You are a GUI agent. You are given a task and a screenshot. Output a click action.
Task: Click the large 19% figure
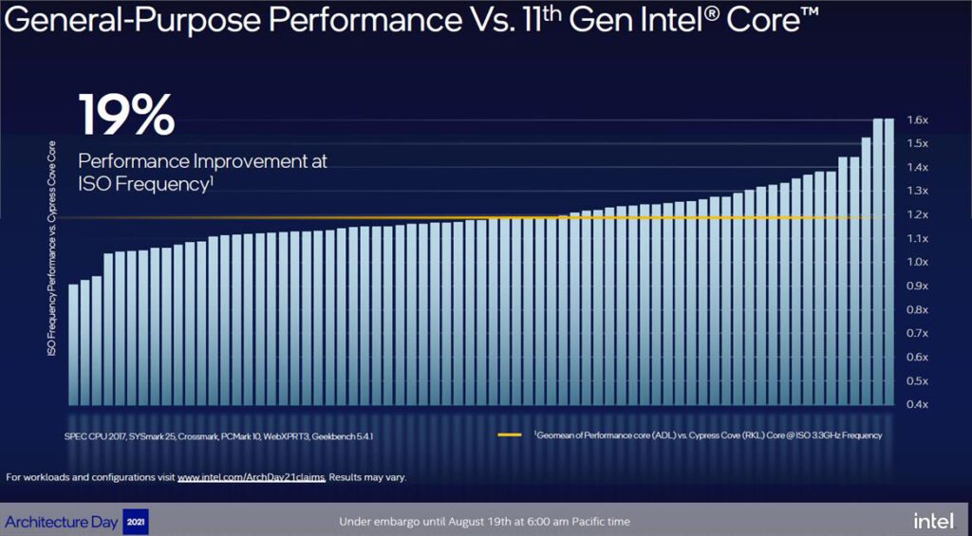pyautogui.click(x=126, y=115)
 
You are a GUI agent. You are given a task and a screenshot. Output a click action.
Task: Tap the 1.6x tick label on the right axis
pyautogui.click(x=916, y=120)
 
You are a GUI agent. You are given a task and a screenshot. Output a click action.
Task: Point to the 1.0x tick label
pyautogui.click(x=916, y=262)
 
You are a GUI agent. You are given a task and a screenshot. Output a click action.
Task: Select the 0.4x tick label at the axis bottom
pyautogui.click(x=916, y=405)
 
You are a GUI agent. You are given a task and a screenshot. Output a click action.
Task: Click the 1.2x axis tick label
pyautogui.click(x=916, y=214)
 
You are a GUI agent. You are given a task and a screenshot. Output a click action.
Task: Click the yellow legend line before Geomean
pyautogui.click(x=511, y=435)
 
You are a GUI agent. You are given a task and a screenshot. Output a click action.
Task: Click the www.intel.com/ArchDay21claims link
pyautogui.click(x=251, y=477)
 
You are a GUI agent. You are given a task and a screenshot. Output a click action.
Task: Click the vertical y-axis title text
pyautogui.click(x=51, y=249)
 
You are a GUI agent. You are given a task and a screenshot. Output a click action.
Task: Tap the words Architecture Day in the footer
pyautogui.click(x=62, y=522)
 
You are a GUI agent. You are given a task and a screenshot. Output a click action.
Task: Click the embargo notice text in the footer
pyautogui.click(x=484, y=522)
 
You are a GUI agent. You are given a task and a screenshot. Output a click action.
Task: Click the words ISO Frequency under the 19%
pyautogui.click(x=142, y=184)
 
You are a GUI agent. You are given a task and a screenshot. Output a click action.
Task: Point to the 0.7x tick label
pyautogui.click(x=916, y=334)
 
